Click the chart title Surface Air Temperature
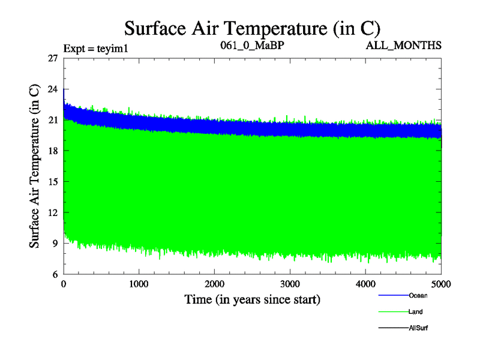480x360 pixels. click(252, 28)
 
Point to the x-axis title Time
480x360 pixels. click(251, 299)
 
